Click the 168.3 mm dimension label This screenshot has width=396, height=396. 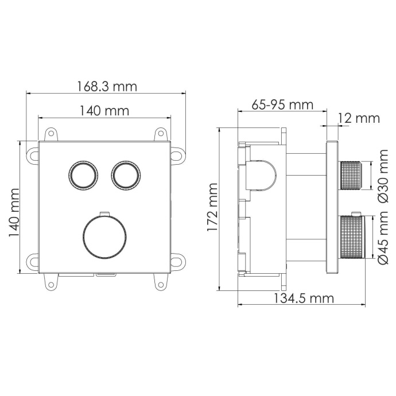107,87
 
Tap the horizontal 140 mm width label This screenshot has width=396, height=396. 104,111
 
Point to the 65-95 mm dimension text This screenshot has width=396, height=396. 282,105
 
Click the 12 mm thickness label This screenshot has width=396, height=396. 359,118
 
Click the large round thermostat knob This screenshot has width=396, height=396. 103,237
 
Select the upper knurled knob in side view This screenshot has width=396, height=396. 352,176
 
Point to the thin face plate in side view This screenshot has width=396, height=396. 332,207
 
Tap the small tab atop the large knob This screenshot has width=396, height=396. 103,214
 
